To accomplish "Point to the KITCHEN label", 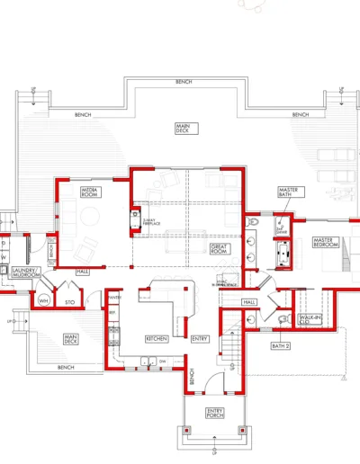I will click(x=157, y=338).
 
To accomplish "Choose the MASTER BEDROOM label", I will click(x=324, y=243).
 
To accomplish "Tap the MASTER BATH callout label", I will click(x=288, y=192).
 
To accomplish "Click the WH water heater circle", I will click(x=43, y=299).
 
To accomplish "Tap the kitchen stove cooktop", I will click(x=114, y=336).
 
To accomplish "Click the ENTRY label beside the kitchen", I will click(x=199, y=339).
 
